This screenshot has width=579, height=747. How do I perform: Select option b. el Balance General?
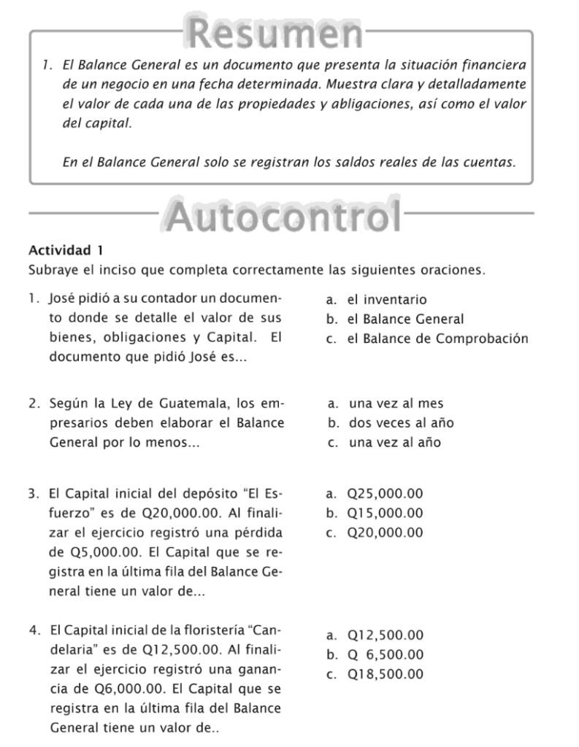click(395, 320)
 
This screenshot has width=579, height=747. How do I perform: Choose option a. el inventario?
click(377, 300)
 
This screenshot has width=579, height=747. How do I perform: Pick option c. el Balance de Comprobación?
click(427, 339)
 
